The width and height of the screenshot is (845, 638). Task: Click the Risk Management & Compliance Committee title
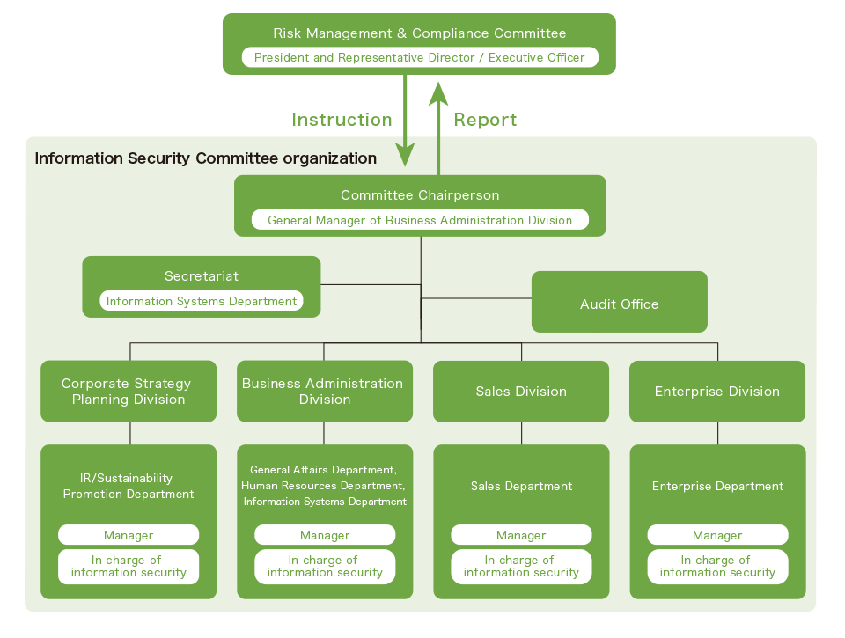point(419,33)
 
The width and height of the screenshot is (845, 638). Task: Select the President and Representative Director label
point(419,57)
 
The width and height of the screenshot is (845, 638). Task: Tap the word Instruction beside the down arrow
point(342,120)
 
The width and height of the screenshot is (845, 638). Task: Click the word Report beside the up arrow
point(485,120)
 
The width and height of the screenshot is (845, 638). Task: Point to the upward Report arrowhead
point(438,88)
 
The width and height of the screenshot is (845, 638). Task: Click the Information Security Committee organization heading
point(205,158)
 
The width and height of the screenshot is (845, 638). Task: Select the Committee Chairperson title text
point(420,195)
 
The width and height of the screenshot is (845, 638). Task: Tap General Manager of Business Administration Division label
point(420,220)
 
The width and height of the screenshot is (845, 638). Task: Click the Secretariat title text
point(202,276)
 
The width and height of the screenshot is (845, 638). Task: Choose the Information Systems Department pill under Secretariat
point(202,301)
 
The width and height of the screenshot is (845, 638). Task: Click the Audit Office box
point(619,304)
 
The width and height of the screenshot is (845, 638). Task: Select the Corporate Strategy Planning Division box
point(129,392)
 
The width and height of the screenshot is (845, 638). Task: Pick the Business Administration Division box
point(324,392)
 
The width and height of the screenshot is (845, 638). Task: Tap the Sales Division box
point(521,392)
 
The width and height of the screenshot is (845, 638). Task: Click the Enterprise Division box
point(716,392)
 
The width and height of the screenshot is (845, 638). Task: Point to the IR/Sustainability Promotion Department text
point(129,486)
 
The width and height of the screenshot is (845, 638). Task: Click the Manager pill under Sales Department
point(521,535)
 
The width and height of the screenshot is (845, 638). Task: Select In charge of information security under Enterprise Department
point(717,566)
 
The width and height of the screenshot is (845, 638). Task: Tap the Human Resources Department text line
point(323,486)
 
